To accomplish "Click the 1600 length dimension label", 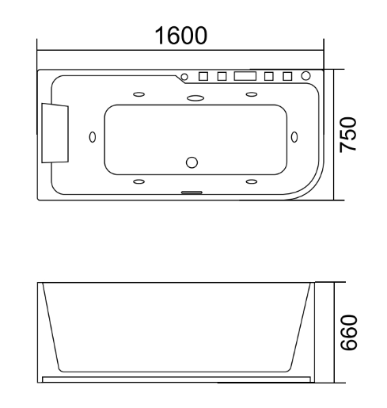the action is pos(181,36).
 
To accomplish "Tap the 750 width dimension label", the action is pos(348,135).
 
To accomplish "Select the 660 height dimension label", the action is pos(349,333).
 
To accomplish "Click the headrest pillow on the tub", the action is pos(55,133).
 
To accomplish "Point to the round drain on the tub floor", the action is pos(192,162).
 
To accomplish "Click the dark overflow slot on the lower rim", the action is pos(192,193).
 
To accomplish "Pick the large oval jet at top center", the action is pos(195,98).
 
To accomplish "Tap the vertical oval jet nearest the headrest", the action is pos(93,137).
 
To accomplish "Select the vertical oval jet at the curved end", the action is pos(294,137).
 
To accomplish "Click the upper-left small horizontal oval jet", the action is pos(138,94).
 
